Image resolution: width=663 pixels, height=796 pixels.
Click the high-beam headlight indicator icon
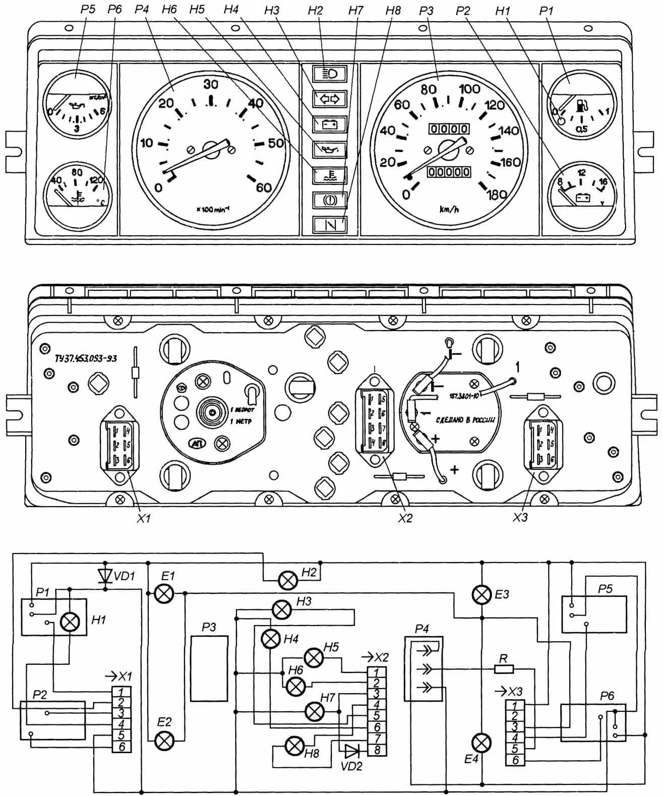(330, 74)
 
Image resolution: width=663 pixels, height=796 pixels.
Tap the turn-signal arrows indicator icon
(330, 99)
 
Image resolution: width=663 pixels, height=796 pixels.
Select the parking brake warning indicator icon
(330, 200)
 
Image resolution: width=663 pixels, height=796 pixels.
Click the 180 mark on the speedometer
(496, 195)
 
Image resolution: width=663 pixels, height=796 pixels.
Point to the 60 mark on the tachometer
(263, 187)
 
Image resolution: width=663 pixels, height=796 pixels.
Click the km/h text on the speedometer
(448, 209)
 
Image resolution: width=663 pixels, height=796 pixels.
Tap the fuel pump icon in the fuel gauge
(582, 106)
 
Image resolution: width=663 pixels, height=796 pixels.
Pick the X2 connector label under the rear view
(404, 518)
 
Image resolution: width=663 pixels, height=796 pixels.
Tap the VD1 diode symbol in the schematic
(105, 576)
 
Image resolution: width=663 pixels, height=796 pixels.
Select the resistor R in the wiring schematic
(504, 669)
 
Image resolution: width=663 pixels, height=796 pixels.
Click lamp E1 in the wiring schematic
(163, 594)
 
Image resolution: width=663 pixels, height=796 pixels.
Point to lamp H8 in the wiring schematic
(294, 746)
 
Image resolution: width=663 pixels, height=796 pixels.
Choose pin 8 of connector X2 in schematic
(377, 750)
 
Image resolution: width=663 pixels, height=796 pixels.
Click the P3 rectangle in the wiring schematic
(209, 668)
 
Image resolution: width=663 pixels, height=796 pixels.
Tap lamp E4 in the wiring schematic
(483, 743)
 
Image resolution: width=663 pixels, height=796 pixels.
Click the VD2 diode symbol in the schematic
(351, 751)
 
